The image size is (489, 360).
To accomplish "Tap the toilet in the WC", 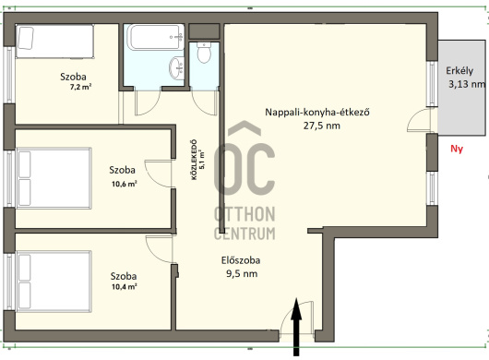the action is [x=204, y=52].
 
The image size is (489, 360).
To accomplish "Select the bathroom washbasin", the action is [x=177, y=68].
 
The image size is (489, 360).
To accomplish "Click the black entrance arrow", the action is [x=296, y=327].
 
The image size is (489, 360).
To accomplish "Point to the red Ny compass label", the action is [x=457, y=149].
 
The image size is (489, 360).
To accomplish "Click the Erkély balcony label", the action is [x=459, y=71].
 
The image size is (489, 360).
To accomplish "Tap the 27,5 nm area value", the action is [x=322, y=126].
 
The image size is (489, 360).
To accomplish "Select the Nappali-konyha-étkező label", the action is [x=317, y=112].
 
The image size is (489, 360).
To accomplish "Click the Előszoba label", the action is [x=241, y=260].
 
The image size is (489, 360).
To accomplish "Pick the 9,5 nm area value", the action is [x=242, y=273].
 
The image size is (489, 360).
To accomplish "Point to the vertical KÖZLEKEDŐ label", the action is [x=195, y=160].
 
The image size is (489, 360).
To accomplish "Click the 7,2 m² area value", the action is [x=80, y=87].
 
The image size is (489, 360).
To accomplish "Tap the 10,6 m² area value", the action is [x=125, y=184].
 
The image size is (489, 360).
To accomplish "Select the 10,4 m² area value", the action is [x=125, y=286].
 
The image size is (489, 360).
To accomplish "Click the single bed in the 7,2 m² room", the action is [x=54, y=42].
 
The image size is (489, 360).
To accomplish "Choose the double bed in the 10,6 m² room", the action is [x=54, y=178].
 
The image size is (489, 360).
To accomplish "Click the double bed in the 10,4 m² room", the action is [x=54, y=281].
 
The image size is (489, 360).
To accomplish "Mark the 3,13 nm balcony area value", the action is [x=467, y=84].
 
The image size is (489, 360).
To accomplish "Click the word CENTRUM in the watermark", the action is [x=244, y=234].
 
